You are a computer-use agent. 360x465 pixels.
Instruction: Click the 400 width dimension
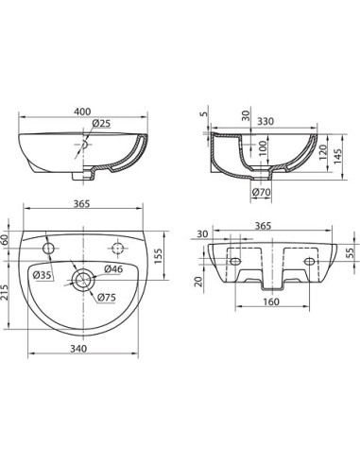(x=82, y=112)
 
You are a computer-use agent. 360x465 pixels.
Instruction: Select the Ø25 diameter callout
(x=101, y=124)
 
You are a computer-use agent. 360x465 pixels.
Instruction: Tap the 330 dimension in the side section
(x=266, y=121)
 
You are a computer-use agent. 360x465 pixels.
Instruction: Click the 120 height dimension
(x=323, y=152)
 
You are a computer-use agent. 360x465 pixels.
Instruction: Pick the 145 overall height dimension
(x=337, y=156)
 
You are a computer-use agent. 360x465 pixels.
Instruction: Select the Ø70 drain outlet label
(x=262, y=192)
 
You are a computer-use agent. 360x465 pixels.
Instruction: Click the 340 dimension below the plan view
(x=78, y=349)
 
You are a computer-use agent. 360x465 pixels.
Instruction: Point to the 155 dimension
(x=158, y=256)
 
